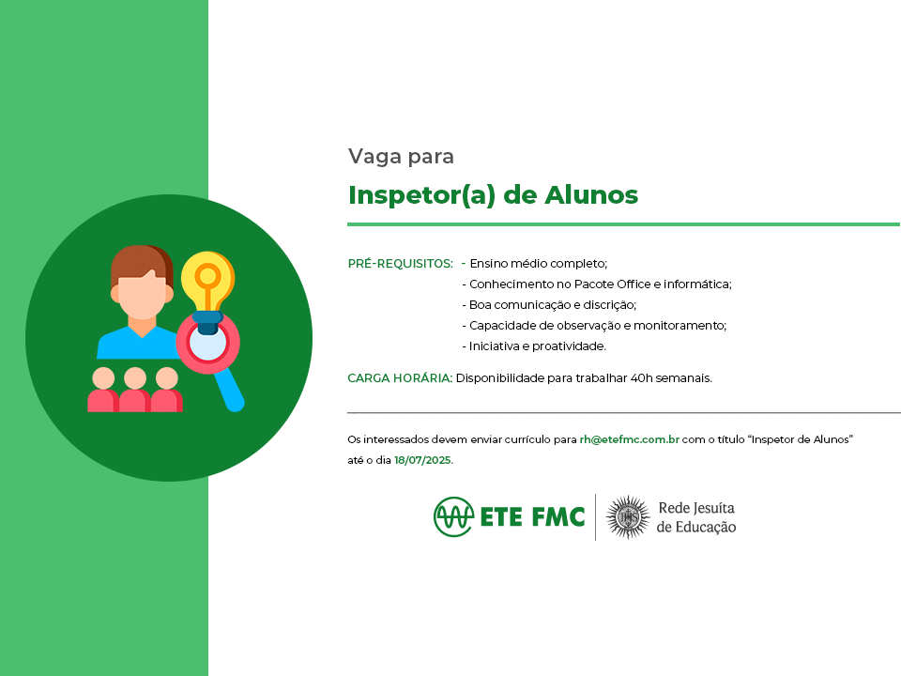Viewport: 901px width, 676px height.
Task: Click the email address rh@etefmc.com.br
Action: click(x=629, y=439)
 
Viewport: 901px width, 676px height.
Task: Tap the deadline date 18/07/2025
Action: click(x=422, y=460)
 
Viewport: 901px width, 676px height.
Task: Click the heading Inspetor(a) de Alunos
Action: click(x=493, y=195)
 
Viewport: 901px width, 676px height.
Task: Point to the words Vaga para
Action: click(x=401, y=157)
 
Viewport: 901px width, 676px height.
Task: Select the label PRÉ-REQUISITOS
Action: click(x=400, y=264)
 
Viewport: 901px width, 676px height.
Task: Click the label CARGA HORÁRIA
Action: click(x=400, y=378)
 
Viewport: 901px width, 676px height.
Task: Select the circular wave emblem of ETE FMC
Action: click(x=454, y=516)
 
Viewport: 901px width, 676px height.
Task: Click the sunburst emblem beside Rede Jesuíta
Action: click(x=628, y=517)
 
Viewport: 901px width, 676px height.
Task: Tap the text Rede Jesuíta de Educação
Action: click(x=696, y=517)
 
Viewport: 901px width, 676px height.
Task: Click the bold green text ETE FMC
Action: click(x=532, y=517)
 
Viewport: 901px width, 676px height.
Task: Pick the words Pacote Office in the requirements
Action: click(x=612, y=284)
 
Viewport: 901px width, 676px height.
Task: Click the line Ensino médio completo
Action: click(x=539, y=264)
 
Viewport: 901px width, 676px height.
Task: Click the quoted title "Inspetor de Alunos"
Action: click(x=801, y=439)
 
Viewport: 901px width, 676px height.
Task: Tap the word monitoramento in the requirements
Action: click(x=680, y=326)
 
